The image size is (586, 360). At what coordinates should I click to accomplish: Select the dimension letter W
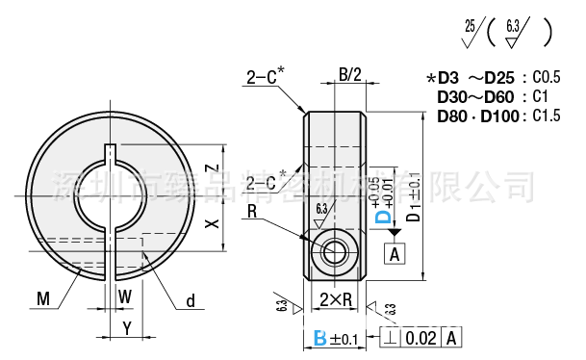pos(124,298)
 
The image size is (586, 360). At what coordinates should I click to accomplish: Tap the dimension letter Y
pos(126,327)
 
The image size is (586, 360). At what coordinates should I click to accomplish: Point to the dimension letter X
pos(213,222)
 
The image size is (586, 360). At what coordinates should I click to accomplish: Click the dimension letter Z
pos(213,167)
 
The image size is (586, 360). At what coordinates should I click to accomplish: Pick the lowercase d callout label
pos(191,301)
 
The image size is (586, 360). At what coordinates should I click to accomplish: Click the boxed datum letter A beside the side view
pos(395,254)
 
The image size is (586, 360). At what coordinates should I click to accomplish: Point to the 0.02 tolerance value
pos(420,338)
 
